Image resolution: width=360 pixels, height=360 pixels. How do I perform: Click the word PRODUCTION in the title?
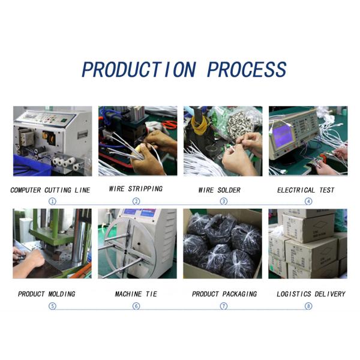pyautogui.click(x=139, y=69)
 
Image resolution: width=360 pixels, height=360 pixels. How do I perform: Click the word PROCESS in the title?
pyautogui.click(x=247, y=69)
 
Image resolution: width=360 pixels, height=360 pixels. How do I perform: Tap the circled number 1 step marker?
pyautogui.click(x=52, y=202)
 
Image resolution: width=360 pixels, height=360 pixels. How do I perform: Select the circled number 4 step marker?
pyautogui.click(x=308, y=202)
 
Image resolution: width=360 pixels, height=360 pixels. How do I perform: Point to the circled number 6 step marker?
pyautogui.click(x=136, y=306)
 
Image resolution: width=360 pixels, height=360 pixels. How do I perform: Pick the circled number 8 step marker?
pyautogui.click(x=308, y=306)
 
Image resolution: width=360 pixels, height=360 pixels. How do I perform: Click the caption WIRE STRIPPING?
pyautogui.click(x=136, y=189)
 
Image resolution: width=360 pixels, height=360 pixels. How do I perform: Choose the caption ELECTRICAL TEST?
pyautogui.click(x=305, y=190)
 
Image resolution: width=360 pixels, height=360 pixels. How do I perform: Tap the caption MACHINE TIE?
pyautogui.click(x=136, y=294)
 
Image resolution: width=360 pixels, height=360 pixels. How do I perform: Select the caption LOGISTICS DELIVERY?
pyautogui.click(x=311, y=294)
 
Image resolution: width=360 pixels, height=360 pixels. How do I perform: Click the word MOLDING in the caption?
pyautogui.click(x=62, y=294)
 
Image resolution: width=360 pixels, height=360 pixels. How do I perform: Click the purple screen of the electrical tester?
pyautogui.click(x=283, y=136)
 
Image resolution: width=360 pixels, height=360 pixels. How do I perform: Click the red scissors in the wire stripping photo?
pyautogui.click(x=169, y=125)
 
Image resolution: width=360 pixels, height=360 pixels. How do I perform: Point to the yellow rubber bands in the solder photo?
pyautogui.click(x=201, y=126)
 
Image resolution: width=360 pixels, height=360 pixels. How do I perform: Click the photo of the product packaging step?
pyautogui.click(x=223, y=244)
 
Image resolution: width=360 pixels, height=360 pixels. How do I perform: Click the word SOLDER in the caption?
pyautogui.click(x=229, y=190)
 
